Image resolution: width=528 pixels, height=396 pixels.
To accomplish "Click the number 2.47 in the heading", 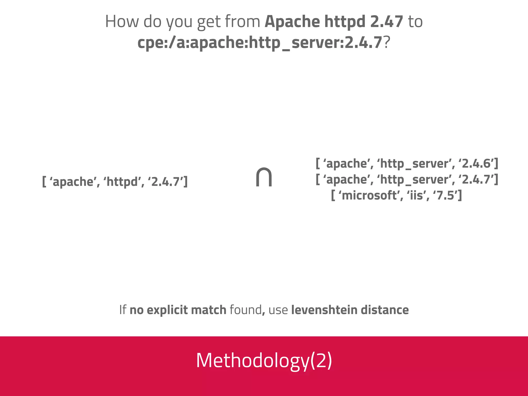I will click(386, 21).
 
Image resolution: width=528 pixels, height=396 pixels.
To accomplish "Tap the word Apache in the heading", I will click(292, 21).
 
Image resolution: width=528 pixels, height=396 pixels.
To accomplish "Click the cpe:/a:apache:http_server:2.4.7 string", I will click(260, 43).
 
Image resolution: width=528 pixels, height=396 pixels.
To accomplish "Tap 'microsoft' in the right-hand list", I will click(369, 195).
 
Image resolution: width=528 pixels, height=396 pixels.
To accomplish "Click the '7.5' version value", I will click(447, 195).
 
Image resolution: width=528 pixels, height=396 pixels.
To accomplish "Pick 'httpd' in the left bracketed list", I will click(122, 182).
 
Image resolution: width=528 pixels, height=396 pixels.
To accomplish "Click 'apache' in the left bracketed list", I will click(73, 182).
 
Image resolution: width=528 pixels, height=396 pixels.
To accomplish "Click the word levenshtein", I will click(324, 310).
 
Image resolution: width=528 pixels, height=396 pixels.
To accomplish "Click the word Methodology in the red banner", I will click(252, 360).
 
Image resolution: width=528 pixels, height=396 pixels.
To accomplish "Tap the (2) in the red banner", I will click(321, 360).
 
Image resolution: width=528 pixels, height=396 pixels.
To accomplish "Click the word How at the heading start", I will click(122, 21).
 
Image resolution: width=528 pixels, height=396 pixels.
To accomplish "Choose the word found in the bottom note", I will click(245, 310).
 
